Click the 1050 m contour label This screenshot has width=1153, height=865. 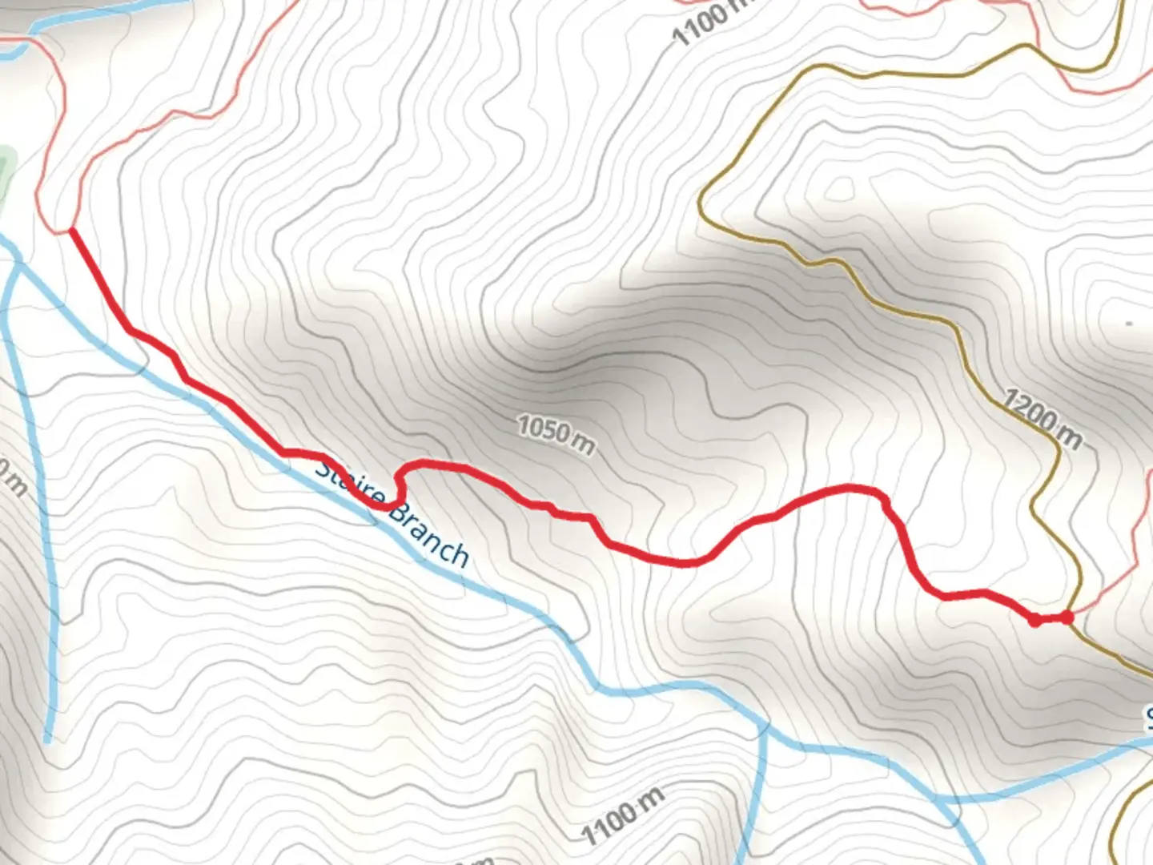556,435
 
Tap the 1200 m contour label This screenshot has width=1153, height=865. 1043,419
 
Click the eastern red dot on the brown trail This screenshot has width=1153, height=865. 1067,617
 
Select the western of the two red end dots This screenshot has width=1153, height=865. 1035,619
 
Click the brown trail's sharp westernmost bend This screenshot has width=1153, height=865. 701,196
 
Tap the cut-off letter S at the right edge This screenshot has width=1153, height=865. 1147,718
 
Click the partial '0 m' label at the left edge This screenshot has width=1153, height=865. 11,479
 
